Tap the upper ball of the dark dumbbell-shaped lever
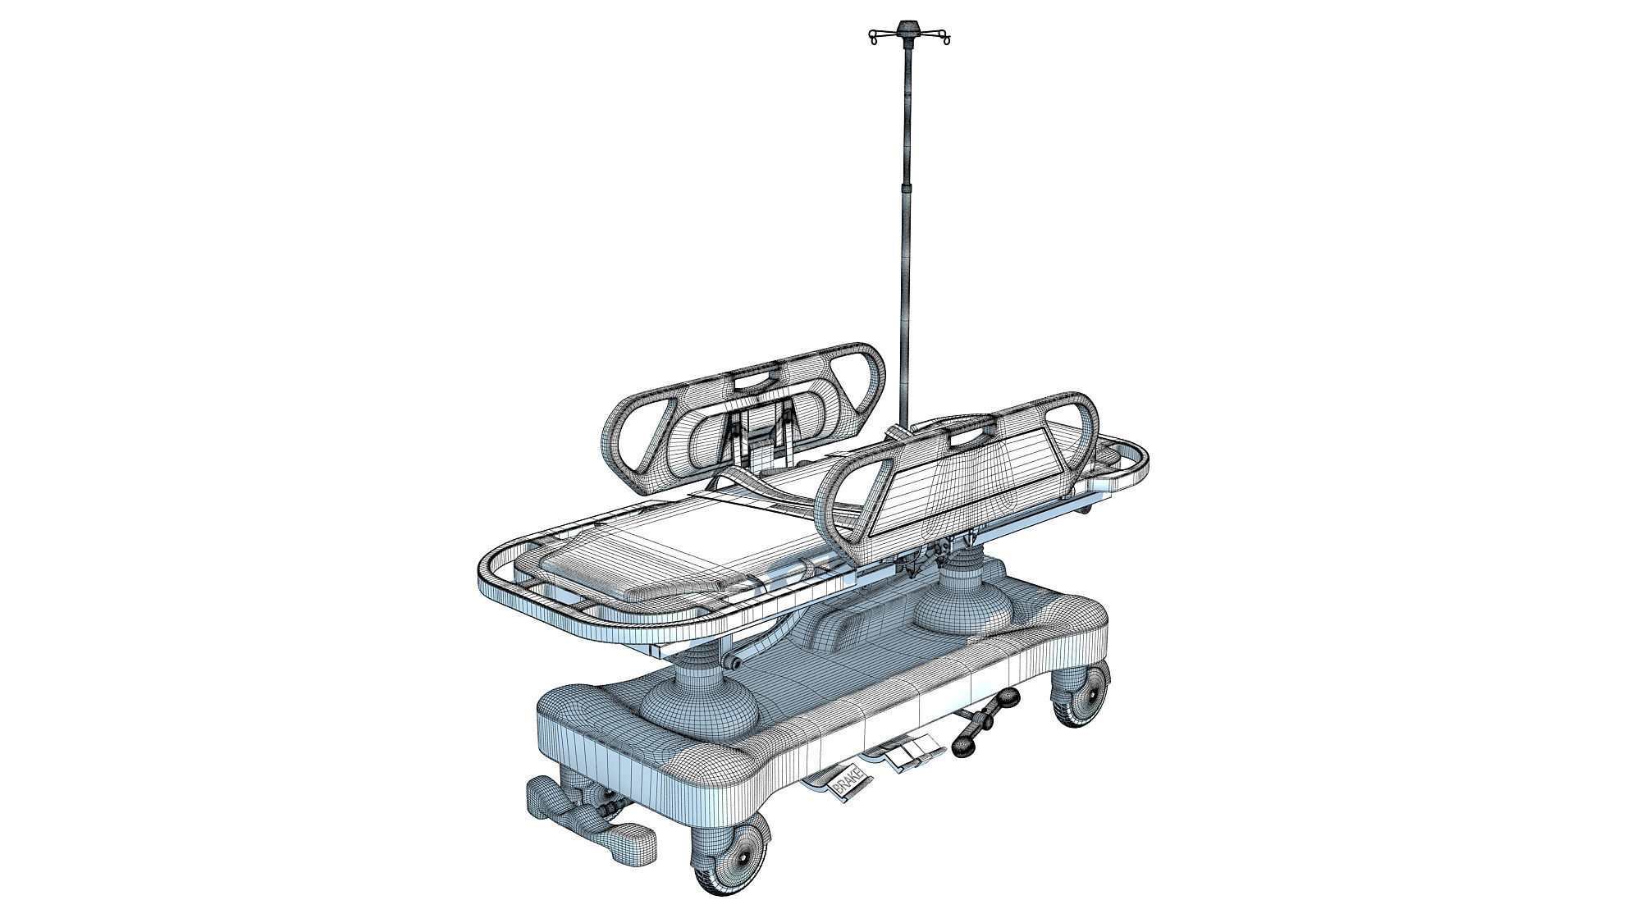click(1008, 699)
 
